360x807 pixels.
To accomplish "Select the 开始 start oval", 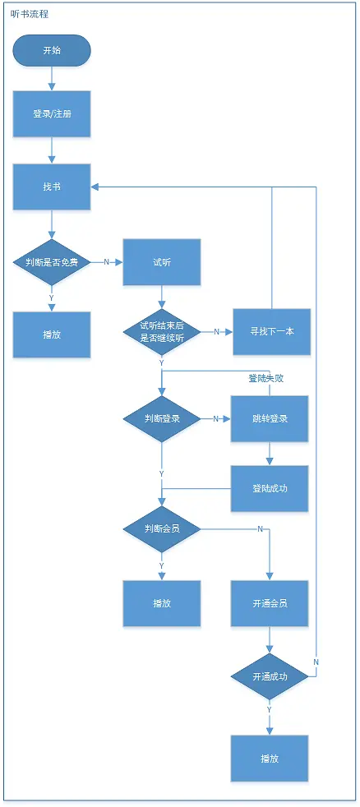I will coord(52,50).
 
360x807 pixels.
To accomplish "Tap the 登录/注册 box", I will coord(52,113).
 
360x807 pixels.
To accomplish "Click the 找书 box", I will coord(52,187).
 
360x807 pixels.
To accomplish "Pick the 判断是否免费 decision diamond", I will coord(52,262).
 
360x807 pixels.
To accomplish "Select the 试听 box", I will coord(162,262).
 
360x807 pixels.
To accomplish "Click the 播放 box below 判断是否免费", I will coord(52,334).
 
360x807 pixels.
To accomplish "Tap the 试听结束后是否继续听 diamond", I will coord(162,331).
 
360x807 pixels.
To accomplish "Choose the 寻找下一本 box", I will coord(271,331).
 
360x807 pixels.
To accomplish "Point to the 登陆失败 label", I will coord(265,379).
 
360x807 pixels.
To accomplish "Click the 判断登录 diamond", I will coord(162,418).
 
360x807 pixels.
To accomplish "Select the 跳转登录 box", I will coord(270,418).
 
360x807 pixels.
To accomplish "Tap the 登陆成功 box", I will coord(270,488).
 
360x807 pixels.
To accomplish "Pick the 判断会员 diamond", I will coord(162,528).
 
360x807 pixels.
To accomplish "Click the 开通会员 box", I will coord(270,603).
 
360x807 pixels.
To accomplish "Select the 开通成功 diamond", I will coord(270,676).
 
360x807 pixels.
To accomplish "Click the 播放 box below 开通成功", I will coord(270,758).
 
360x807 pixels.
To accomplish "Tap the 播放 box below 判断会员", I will coord(162,603).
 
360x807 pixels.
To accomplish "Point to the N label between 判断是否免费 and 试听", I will coord(106,262).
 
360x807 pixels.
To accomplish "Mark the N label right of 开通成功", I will coord(316,662).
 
